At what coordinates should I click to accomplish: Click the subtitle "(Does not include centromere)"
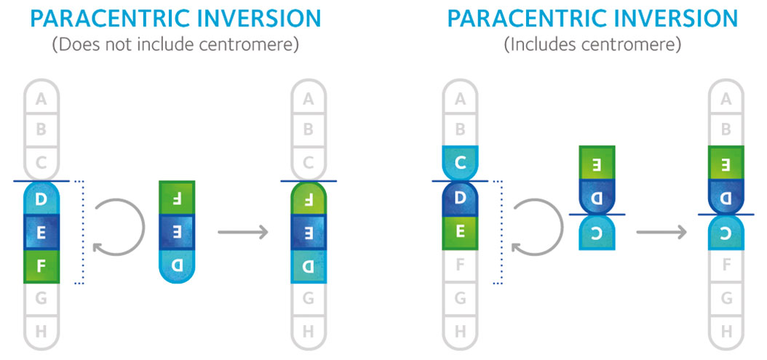coord(175,44)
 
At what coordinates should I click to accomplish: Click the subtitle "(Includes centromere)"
coord(592,44)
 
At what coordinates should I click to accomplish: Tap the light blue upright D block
coord(41,199)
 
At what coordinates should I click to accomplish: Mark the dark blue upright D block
coord(460,198)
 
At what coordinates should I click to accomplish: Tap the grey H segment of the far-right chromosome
coord(726,332)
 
